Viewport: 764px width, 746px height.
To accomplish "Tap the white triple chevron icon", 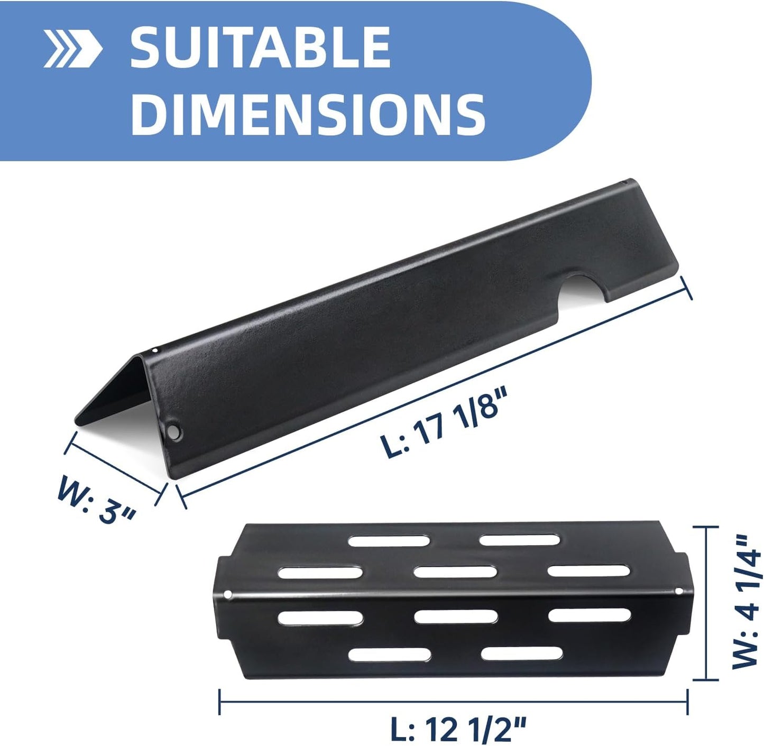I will point(72,49).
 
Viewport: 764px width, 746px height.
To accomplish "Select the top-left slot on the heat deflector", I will point(389,540).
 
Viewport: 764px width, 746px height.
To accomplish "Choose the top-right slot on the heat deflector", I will point(521,540).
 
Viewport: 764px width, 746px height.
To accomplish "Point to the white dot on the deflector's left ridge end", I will point(228,595).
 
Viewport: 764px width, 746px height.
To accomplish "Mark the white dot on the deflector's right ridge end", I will point(680,591).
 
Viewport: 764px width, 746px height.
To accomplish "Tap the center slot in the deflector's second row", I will point(455,572).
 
